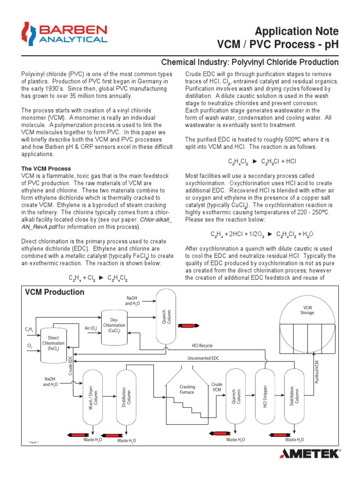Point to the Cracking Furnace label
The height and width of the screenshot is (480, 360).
(187, 389)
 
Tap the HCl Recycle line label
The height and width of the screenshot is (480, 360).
(202, 345)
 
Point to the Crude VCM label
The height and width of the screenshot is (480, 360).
(217, 387)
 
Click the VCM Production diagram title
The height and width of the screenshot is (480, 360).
(54, 292)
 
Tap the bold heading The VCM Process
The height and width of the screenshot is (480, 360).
(46, 168)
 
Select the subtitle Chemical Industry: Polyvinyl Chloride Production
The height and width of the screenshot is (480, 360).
(249, 62)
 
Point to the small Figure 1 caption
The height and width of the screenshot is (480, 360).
(34, 442)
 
